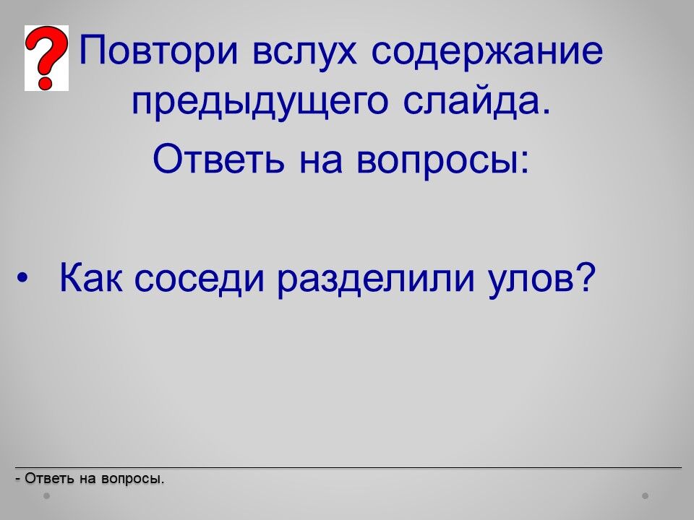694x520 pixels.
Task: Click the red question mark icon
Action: click(x=46, y=58)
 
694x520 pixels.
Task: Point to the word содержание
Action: click(x=487, y=51)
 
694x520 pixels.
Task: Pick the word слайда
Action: click(x=477, y=103)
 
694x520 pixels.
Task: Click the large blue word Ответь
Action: click(x=218, y=159)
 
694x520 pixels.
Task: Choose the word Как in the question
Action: click(x=91, y=277)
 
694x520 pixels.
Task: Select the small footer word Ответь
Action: click(x=49, y=478)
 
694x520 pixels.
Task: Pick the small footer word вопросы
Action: click(x=132, y=480)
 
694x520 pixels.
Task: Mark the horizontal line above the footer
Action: click(x=348, y=467)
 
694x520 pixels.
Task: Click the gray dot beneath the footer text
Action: click(x=46, y=496)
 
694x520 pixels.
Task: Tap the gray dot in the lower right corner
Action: click(x=646, y=496)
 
